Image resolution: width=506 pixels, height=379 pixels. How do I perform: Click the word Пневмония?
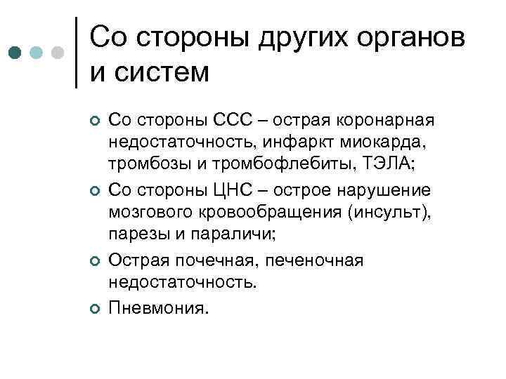point(159,307)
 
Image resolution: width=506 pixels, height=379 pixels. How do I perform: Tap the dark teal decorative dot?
point(15,53)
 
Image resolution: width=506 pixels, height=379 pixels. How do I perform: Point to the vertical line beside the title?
point(76,53)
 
